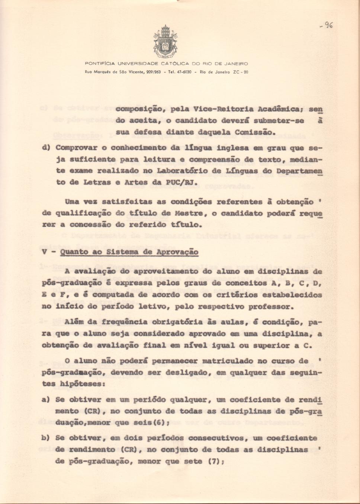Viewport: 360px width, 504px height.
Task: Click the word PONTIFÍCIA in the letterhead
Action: (x=100, y=64)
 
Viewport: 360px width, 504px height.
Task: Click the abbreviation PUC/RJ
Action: (x=187, y=182)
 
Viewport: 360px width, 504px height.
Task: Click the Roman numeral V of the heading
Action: (x=44, y=252)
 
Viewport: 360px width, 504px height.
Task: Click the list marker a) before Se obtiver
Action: (x=45, y=400)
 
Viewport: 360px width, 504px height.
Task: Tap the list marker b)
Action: (x=45, y=438)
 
